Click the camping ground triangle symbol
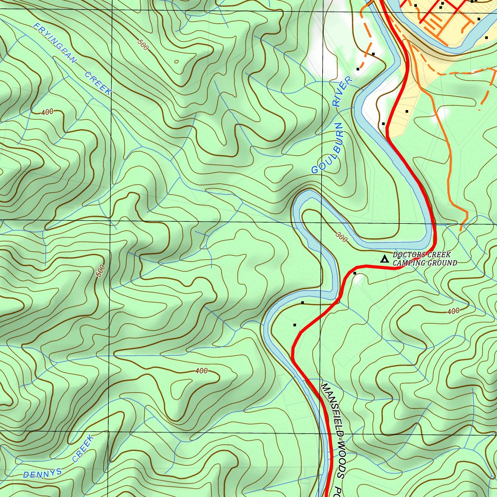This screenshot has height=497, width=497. [x=384, y=259]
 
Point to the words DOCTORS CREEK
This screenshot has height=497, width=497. [x=421, y=255]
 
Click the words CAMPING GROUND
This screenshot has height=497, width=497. [x=425, y=263]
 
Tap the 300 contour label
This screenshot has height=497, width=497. [x=342, y=237]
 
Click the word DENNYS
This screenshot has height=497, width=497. [x=42, y=472]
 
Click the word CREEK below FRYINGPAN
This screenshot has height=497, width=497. [x=99, y=83]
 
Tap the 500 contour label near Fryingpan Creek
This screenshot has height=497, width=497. [x=142, y=45]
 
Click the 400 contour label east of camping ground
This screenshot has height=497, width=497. [x=453, y=311]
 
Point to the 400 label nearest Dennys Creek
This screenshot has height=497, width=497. [x=201, y=371]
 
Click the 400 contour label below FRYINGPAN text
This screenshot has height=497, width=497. [x=47, y=112]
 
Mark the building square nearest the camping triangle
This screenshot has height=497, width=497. [x=355, y=274]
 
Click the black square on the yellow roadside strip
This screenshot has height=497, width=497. [x=406, y=112]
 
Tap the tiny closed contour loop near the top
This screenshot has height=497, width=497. [x=176, y=62]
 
